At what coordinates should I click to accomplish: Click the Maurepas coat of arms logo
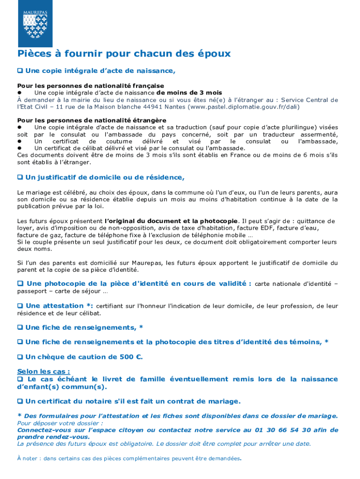[36, 23]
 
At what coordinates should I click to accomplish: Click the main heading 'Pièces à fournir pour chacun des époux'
[124, 54]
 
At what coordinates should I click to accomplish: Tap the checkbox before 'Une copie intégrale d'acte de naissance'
[20, 71]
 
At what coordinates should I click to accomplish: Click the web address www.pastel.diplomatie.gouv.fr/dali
[243, 107]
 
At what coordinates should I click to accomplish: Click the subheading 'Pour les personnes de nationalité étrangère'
[92, 120]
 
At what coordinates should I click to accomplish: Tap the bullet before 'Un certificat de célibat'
[20, 148]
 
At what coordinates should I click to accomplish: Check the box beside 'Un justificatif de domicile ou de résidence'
[20, 178]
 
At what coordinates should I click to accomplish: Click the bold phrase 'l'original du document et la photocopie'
[172, 221]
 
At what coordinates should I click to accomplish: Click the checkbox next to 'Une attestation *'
[20, 306]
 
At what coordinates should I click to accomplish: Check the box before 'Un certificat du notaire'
[20, 401]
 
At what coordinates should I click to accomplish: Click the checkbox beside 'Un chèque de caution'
[20, 357]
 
